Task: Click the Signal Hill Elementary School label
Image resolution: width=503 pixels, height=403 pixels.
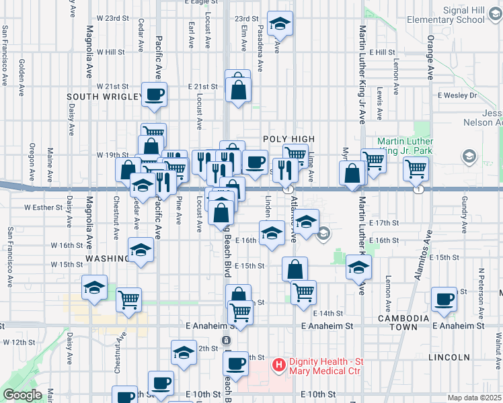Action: pyautogui.click(x=464, y=15)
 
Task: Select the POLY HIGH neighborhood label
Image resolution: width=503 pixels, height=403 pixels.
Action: pyautogui.click(x=289, y=138)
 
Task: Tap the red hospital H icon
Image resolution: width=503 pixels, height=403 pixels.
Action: pyautogui.click(x=276, y=365)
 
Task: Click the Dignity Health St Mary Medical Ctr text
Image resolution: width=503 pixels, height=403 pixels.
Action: pyautogui.click(x=325, y=367)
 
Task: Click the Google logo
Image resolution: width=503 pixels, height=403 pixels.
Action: pyautogui.click(x=22, y=395)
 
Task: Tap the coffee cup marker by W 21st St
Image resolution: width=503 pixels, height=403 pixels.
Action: pyautogui.click(x=154, y=94)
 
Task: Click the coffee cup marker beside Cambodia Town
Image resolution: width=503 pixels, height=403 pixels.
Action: pyautogui.click(x=444, y=299)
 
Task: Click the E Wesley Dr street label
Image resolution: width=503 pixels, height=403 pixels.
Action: pyautogui.click(x=457, y=95)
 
